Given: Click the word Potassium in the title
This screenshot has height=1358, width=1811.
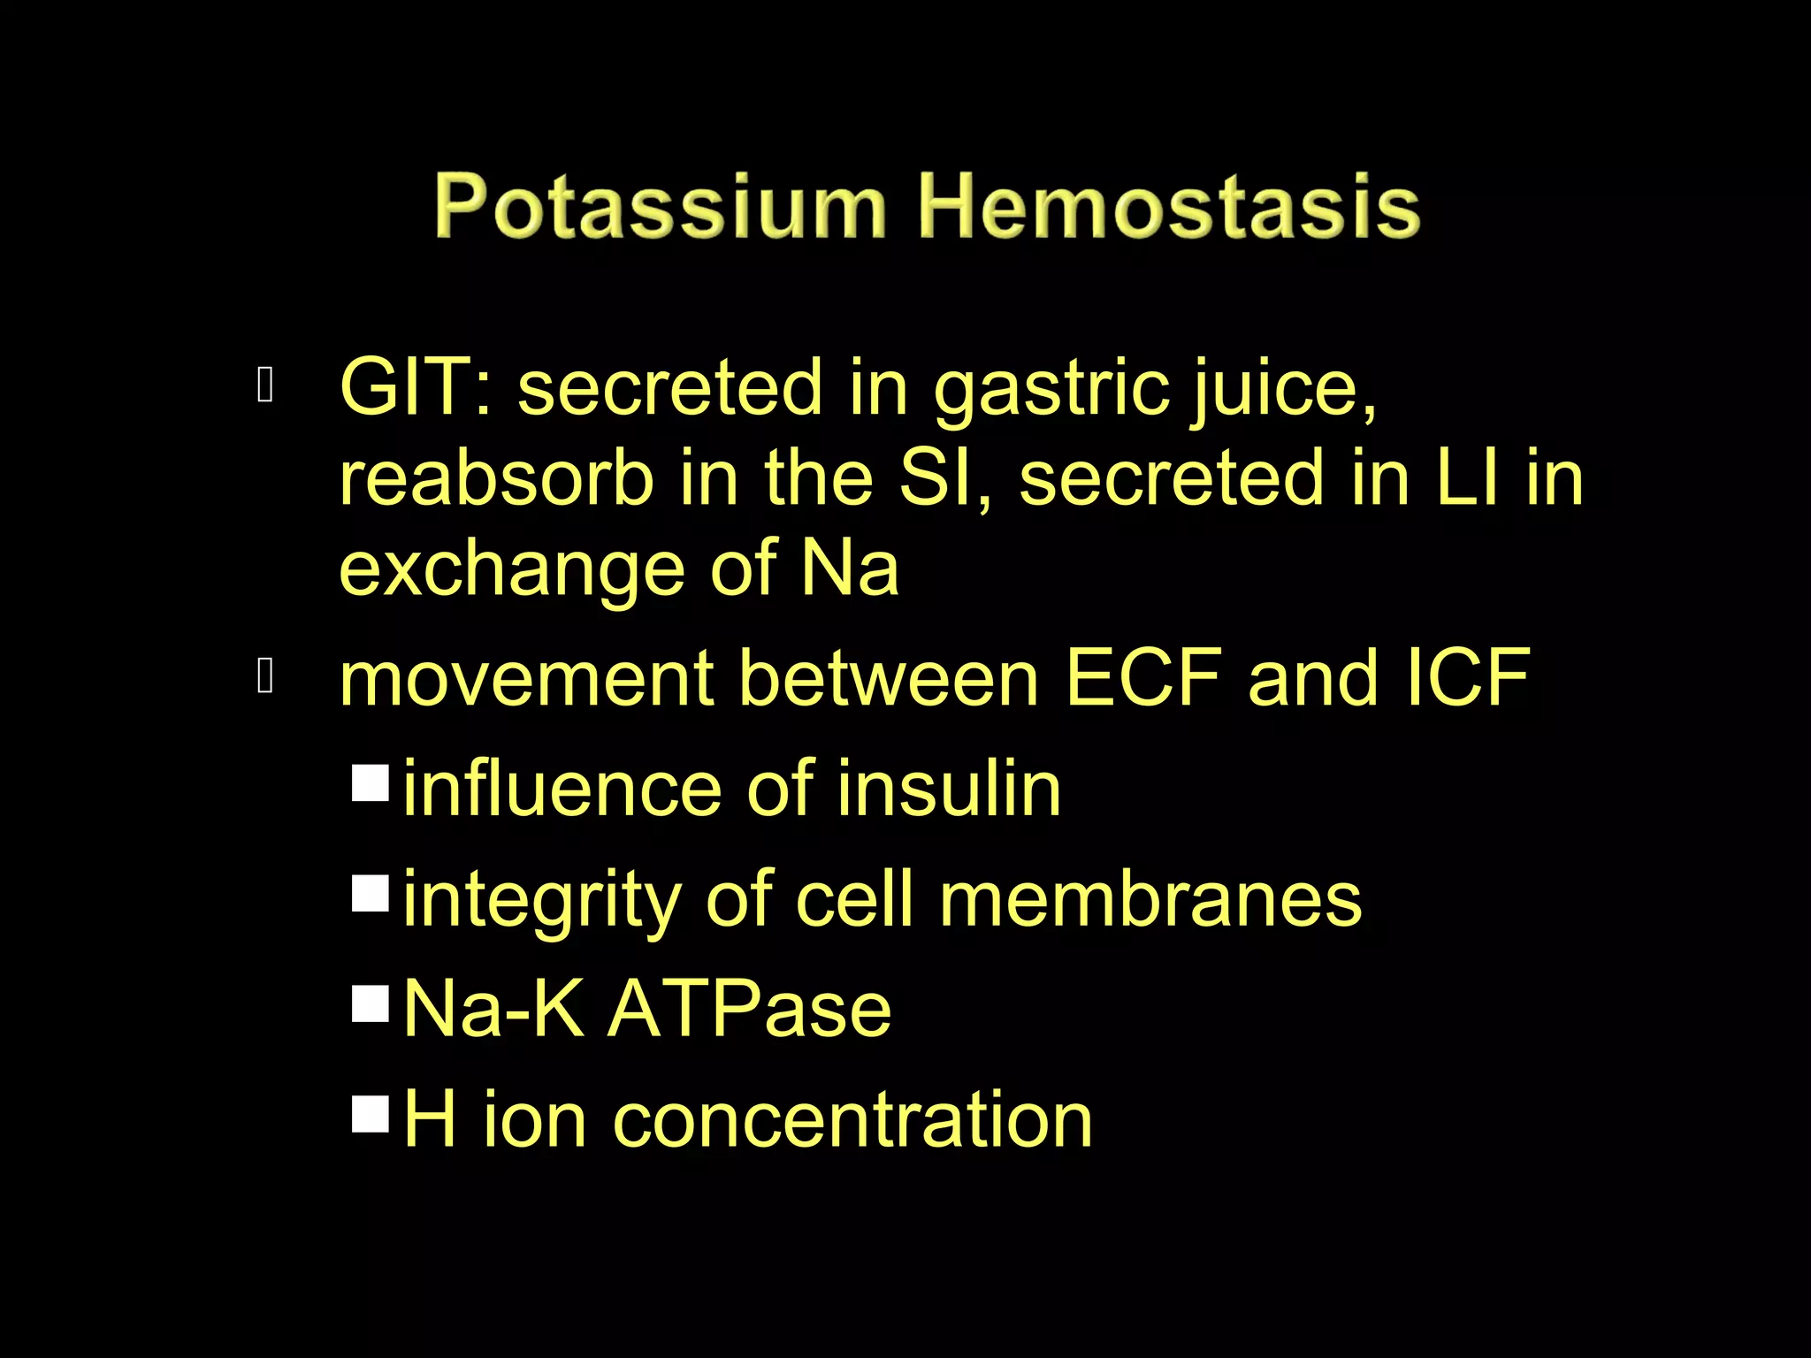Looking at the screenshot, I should [659, 207].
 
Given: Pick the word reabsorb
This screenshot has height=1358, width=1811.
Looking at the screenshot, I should [496, 478].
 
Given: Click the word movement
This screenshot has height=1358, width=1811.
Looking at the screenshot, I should [526, 678].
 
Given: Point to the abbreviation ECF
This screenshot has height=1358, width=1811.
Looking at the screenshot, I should [1144, 678].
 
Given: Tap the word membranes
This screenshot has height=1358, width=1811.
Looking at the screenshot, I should [1150, 899].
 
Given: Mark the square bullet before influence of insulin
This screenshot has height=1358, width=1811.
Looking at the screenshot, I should [371, 783].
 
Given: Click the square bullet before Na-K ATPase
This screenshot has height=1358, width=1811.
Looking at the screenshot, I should [371, 1004].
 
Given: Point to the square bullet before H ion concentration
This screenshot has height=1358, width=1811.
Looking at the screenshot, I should [371, 1114].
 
